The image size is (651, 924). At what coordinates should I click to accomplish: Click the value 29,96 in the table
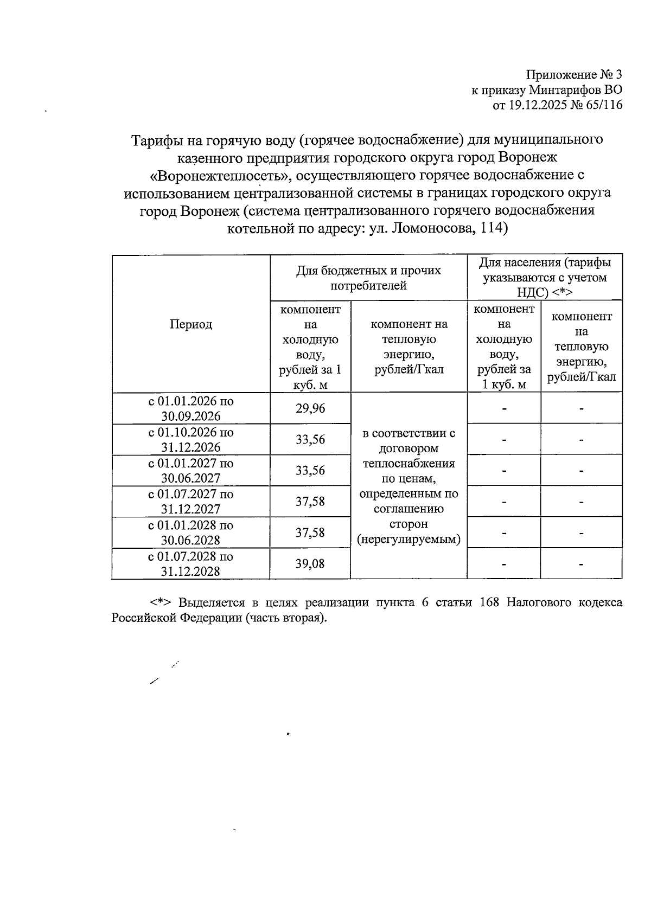pos(310,408)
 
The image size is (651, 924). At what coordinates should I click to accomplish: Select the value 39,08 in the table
pos(310,563)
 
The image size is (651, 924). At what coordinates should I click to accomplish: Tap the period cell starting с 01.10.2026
pos(191,440)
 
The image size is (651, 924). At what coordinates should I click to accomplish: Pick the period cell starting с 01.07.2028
pos(191,563)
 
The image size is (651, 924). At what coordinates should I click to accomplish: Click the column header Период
pos(191,324)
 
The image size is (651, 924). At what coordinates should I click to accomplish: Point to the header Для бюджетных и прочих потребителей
pos(368,278)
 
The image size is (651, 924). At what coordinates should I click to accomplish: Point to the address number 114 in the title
pos(492,228)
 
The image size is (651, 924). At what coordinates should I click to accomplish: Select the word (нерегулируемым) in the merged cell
pos(409,540)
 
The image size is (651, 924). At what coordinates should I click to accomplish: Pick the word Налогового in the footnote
pos(538,603)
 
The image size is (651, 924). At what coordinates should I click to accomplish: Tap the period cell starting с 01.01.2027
pos(191,471)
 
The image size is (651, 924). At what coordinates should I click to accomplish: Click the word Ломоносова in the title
pos(434,228)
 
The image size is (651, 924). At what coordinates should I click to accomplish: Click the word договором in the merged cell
pos(409,448)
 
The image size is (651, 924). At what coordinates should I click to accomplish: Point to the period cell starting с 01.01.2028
pos(191,532)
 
